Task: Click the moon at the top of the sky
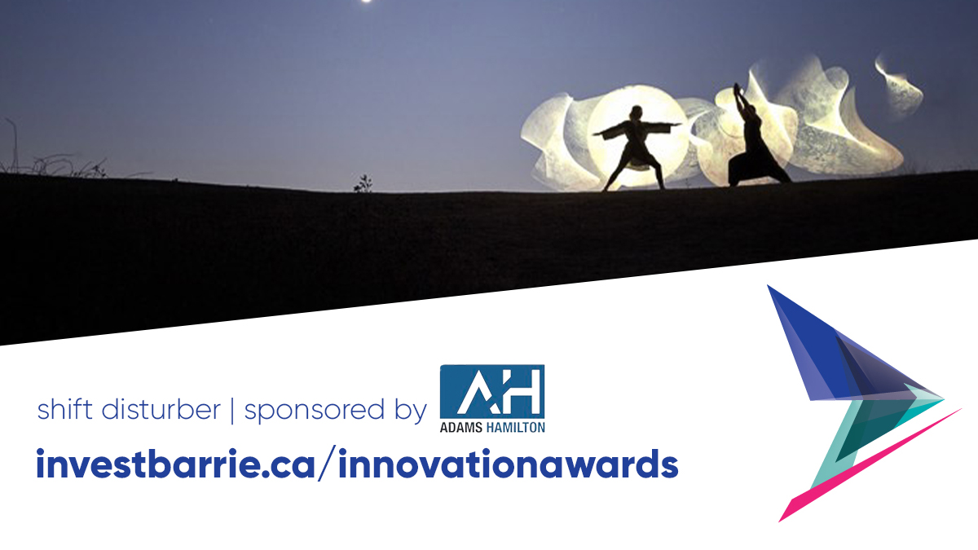click(367, 2)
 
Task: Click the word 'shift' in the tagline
click(61, 410)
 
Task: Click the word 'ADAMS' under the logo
click(465, 426)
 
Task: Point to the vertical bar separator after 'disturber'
click(232, 411)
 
